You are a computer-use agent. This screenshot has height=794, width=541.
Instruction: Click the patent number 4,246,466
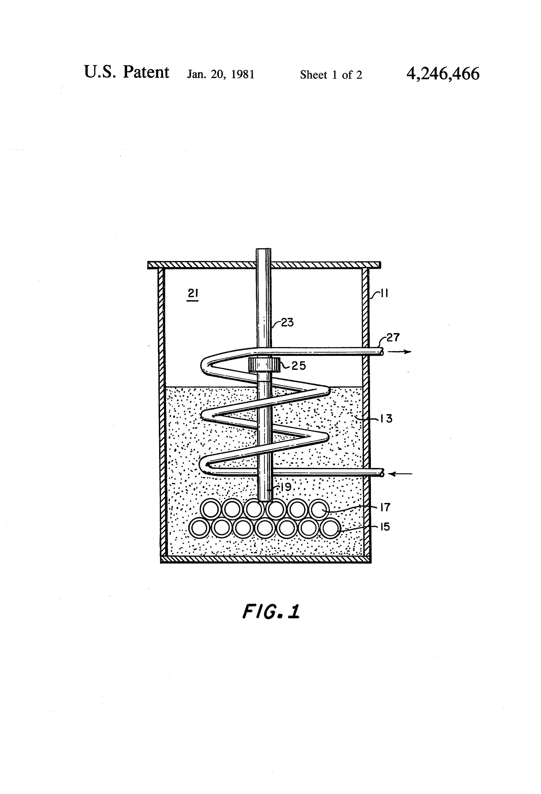click(x=443, y=74)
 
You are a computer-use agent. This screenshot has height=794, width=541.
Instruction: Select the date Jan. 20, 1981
click(x=221, y=75)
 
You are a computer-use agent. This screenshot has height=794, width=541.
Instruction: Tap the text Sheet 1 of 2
click(x=331, y=75)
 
